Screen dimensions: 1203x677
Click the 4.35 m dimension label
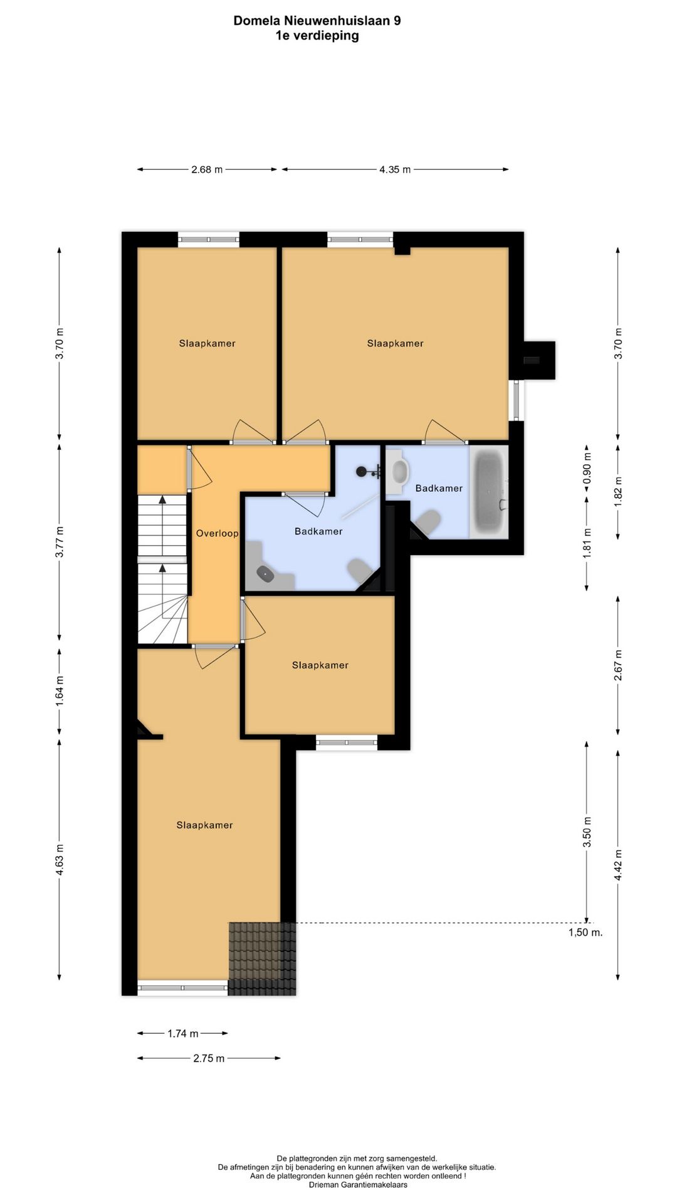(x=394, y=169)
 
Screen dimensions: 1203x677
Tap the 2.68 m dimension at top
(x=207, y=169)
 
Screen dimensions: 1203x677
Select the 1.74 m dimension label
(x=183, y=1034)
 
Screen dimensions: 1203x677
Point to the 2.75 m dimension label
(x=209, y=1059)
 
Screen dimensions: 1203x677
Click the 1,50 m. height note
(x=585, y=932)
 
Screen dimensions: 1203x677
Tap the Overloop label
(x=217, y=534)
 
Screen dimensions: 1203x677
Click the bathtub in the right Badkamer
(x=489, y=492)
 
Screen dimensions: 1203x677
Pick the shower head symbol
(x=363, y=472)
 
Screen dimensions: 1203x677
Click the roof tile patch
(x=262, y=958)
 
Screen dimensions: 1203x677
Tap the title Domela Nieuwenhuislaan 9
(x=317, y=21)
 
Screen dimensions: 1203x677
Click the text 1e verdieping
(x=317, y=36)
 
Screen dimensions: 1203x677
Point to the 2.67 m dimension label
(x=618, y=665)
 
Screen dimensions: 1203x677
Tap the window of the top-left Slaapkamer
(x=209, y=239)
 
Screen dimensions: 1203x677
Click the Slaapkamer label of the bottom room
(x=204, y=825)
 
